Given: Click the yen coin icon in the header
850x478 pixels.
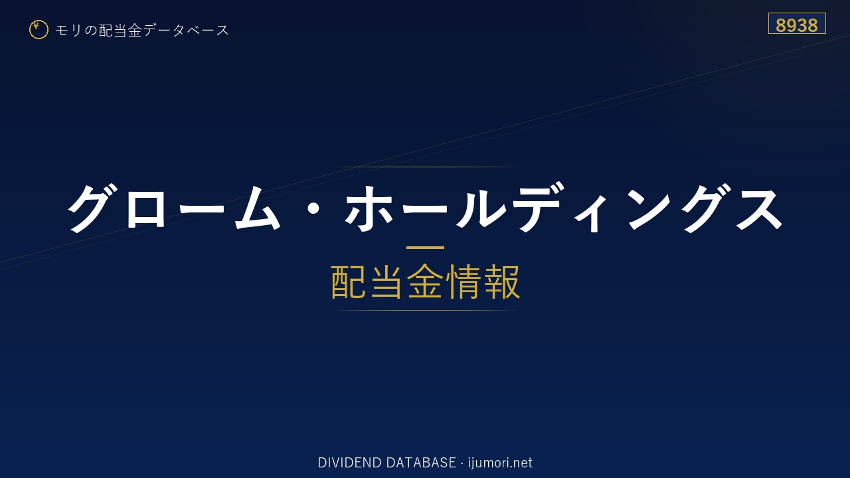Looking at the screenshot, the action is pyautogui.click(x=39, y=30).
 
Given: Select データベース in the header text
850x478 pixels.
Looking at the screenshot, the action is pyautogui.click(x=185, y=30).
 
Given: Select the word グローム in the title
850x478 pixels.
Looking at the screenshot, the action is pyautogui.click(x=174, y=208).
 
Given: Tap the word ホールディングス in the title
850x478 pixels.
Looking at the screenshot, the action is pyautogui.click(x=564, y=208).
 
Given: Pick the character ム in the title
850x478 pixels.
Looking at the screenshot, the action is pyautogui.click(x=258, y=208).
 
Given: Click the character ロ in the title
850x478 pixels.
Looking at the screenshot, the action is pyautogui.click(x=145, y=208).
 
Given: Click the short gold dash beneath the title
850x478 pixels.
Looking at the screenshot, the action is pyautogui.click(x=425, y=248).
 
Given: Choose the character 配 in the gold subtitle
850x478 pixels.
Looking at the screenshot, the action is pyautogui.click(x=349, y=282).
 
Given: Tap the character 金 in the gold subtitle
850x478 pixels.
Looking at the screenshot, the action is pyautogui.click(x=425, y=282).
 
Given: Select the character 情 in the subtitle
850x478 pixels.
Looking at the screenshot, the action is pyautogui.click(x=464, y=282).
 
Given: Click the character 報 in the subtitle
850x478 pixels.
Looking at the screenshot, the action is pyautogui.click(x=501, y=282).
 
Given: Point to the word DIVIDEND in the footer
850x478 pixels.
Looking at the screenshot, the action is pyautogui.click(x=349, y=463).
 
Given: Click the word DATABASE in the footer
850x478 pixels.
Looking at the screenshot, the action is pyautogui.click(x=421, y=463).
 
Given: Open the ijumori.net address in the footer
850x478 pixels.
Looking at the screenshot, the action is pyautogui.click(x=500, y=463).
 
